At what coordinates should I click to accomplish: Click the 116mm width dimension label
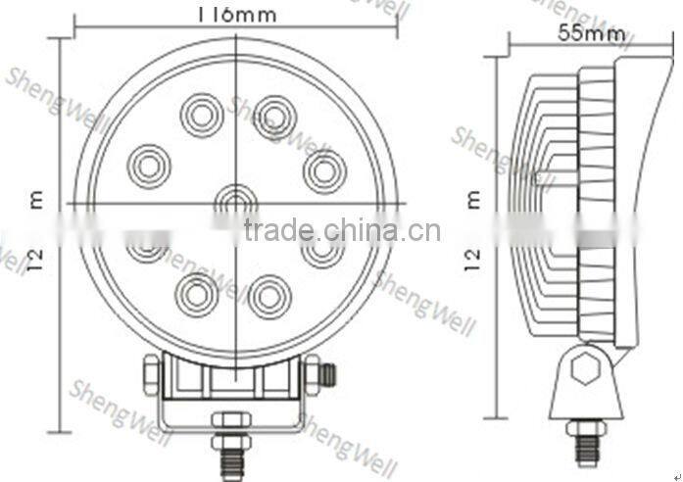(236, 14)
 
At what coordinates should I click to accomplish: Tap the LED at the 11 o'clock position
(202, 116)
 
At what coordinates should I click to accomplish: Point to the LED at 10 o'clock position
(150, 165)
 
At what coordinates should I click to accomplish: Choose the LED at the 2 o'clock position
(324, 170)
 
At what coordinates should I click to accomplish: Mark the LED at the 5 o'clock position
(269, 295)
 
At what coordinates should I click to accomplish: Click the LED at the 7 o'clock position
(197, 293)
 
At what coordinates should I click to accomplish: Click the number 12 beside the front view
(38, 258)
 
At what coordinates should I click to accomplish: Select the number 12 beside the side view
(474, 258)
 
